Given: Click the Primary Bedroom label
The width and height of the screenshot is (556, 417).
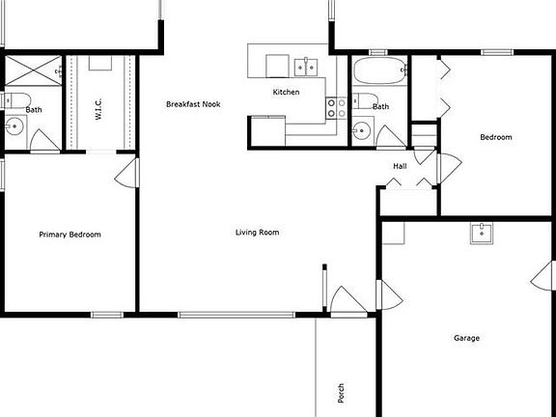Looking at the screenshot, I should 69,235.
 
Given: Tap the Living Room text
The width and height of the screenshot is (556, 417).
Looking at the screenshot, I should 257,232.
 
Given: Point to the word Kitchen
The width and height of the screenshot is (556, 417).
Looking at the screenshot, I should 286,92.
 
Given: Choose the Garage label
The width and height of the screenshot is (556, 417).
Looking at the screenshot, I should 466,338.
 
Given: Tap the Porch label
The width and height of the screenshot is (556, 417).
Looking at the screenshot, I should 341,393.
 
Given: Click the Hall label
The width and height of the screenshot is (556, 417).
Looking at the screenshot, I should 400,166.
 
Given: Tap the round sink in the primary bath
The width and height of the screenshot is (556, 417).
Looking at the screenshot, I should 15,125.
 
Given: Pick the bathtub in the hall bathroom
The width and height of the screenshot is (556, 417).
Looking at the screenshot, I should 379,71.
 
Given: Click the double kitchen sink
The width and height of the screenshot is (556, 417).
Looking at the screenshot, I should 305,66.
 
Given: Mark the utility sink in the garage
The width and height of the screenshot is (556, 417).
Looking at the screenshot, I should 482,233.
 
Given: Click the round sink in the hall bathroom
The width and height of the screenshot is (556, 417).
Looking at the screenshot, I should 361,131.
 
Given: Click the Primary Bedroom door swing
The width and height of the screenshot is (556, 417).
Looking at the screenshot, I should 125,173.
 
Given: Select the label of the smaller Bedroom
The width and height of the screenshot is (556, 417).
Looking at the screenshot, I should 496,137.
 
